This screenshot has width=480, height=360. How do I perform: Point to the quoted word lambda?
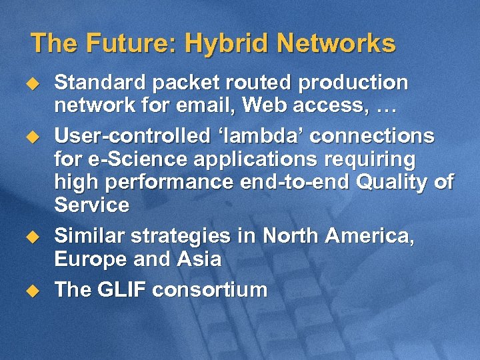257,137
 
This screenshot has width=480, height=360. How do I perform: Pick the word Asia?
198,259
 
